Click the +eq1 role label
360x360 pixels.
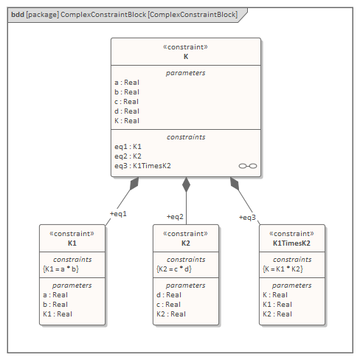(x=118, y=214)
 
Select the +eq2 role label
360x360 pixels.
(x=175, y=217)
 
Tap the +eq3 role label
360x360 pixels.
(x=247, y=218)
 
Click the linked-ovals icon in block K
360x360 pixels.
(x=248, y=166)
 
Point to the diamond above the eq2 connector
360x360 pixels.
(x=186, y=184)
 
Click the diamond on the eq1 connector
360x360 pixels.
(x=134, y=184)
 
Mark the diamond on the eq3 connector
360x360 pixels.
(x=235, y=184)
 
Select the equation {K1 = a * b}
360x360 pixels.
(x=60, y=269)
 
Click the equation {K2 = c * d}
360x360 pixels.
(x=174, y=269)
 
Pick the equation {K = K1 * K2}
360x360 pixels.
(x=283, y=269)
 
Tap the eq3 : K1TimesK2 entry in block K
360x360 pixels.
(x=142, y=166)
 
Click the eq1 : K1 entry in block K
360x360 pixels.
(x=128, y=147)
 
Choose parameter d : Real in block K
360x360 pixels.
(x=127, y=111)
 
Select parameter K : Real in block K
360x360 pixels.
(x=127, y=121)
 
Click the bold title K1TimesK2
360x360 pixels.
(x=291, y=243)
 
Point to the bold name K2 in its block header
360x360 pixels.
(x=186, y=243)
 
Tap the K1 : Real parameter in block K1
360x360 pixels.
(x=58, y=314)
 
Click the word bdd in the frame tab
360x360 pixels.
(x=18, y=15)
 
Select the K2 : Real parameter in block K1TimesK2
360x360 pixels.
(x=277, y=314)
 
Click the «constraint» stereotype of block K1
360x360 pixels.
(x=72, y=234)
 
